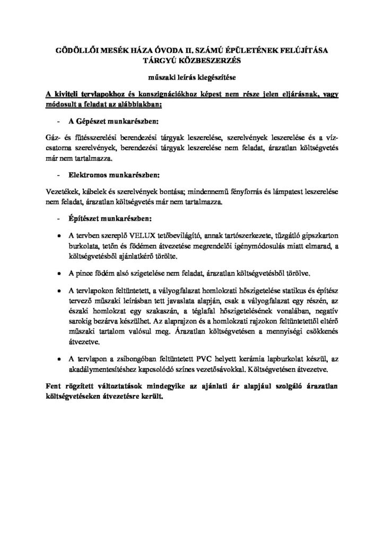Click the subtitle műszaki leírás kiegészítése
pos(191,77)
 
